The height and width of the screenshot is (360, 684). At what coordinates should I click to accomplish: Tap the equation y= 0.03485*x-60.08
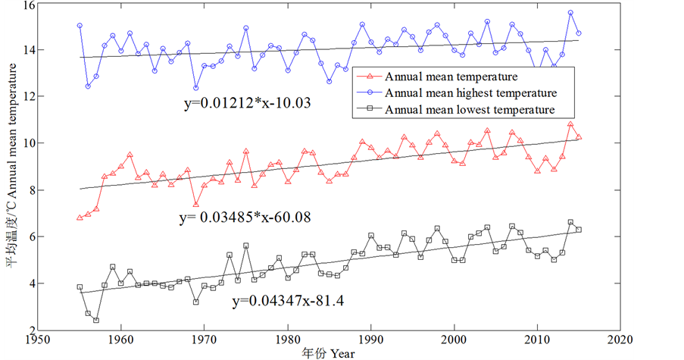245,218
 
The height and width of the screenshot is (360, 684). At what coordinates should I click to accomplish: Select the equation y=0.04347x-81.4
288,301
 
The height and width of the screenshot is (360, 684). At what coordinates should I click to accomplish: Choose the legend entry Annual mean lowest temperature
470,110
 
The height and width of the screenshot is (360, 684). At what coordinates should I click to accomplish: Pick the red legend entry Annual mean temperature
451,77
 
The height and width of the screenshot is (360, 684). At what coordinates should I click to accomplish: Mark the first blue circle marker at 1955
80,26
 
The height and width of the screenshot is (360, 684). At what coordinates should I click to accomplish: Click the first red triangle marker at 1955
80,218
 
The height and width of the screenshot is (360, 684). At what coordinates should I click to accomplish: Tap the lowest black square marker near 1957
96,320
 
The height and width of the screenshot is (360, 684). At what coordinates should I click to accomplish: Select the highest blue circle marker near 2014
570,13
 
